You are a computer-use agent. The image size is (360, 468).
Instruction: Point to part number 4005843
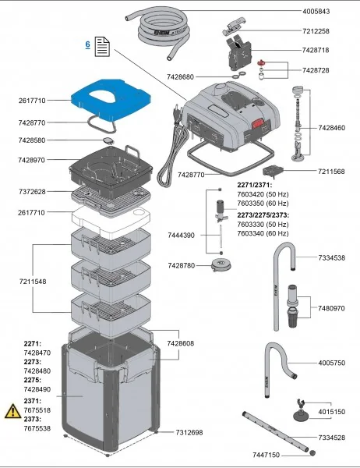[317, 12]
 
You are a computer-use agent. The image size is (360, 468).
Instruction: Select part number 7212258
[317, 31]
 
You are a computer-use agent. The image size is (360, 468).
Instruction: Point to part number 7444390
[180, 235]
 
